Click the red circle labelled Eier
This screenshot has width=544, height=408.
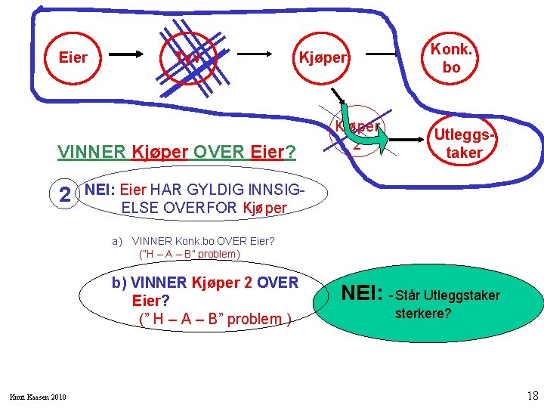coord(73,57)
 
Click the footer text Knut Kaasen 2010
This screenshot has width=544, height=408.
coord(39,397)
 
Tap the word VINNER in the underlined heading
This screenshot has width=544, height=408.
coord(91,152)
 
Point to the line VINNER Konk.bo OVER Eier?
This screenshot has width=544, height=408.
coord(203,242)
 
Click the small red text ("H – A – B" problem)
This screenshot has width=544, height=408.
coord(190,254)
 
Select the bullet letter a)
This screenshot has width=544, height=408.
coord(117,242)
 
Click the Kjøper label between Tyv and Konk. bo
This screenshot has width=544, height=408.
coord(323,57)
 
